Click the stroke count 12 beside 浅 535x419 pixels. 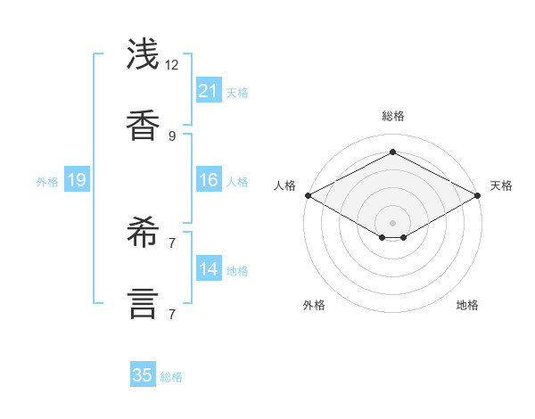point(172,65)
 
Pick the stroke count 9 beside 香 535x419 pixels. point(172,136)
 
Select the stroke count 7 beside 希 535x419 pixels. point(172,242)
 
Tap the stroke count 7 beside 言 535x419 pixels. point(172,314)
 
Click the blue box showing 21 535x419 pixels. point(209,91)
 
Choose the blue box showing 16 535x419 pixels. point(209,181)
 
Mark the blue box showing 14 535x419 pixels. point(209,269)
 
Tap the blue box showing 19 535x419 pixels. point(77,181)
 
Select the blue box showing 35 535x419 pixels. point(143,375)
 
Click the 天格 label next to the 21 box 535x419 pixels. point(237,92)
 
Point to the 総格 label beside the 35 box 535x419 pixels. point(171,377)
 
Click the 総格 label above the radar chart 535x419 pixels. point(392,116)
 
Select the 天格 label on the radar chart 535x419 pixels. point(501,185)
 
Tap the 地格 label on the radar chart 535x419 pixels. point(467,305)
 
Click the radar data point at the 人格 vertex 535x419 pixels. point(308,195)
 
